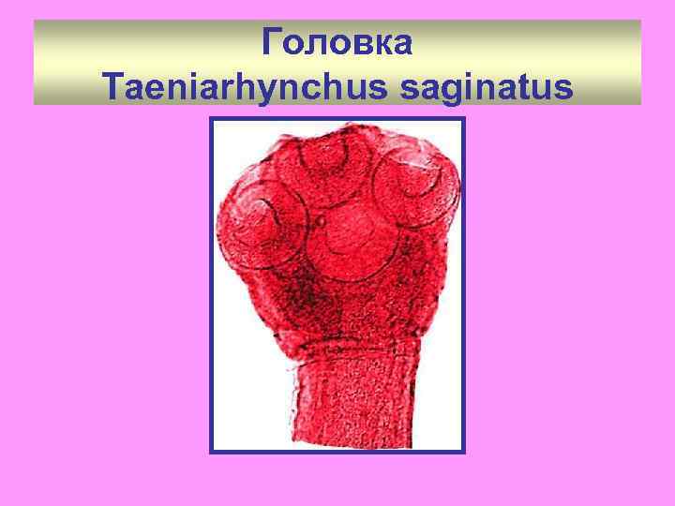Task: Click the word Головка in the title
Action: [337, 42]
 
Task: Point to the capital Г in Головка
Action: [273, 42]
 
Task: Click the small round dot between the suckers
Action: [321, 224]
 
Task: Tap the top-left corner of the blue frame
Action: [211, 119]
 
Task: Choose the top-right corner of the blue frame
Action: [463, 119]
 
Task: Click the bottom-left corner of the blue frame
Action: [211, 452]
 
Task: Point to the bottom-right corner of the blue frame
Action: [463, 452]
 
